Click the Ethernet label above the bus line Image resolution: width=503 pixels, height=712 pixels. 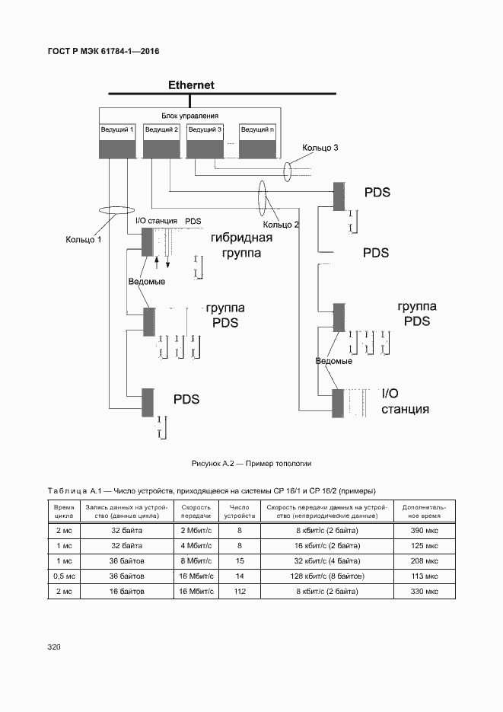(x=191, y=85)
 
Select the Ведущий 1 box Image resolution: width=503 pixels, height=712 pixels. (x=117, y=141)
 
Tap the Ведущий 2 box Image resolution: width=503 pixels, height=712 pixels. (x=161, y=141)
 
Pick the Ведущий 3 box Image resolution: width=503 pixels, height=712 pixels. (x=205, y=141)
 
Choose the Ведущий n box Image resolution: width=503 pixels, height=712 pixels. (x=257, y=141)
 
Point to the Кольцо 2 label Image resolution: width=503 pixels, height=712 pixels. (x=281, y=225)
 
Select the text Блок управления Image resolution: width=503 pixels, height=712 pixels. (x=189, y=116)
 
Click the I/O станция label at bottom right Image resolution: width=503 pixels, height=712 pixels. (x=404, y=401)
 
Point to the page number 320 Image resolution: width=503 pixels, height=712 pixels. (x=54, y=647)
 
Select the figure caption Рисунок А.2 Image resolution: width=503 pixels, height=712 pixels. (x=252, y=463)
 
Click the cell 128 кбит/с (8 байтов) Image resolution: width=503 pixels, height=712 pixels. (x=326, y=576)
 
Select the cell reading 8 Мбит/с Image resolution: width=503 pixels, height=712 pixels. (x=196, y=560)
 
